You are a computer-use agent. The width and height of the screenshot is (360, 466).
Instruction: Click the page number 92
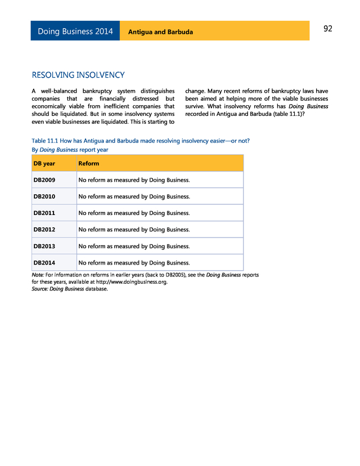[x=328, y=29]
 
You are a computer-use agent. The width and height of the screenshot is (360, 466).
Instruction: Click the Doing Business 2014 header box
[x=75, y=32]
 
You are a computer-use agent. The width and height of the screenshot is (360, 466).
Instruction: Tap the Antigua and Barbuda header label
[x=160, y=32]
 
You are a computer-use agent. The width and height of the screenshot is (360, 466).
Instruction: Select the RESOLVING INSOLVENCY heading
[x=78, y=75]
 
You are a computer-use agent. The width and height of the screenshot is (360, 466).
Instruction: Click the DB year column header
[x=44, y=163]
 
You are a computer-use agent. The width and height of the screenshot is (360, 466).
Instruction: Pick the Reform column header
[x=89, y=163]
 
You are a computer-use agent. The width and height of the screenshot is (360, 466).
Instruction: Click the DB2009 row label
[x=44, y=180]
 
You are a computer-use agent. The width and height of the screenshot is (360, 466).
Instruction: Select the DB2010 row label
[x=44, y=196]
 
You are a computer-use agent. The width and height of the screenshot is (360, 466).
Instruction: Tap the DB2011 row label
[x=44, y=213]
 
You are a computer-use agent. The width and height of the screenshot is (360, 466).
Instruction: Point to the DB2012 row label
[x=44, y=230]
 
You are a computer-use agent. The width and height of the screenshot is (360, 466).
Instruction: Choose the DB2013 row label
[x=44, y=246]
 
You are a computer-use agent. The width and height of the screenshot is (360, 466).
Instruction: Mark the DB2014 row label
[x=44, y=262]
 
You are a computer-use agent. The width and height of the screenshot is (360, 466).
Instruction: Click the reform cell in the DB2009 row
[x=134, y=180]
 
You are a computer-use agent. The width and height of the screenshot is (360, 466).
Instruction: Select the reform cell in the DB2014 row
[x=134, y=262]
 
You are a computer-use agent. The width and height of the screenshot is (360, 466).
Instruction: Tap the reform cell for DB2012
[x=134, y=230]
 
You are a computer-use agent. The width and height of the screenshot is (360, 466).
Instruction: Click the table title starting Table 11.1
[x=141, y=141]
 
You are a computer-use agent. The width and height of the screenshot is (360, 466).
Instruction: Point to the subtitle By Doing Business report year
[x=70, y=150]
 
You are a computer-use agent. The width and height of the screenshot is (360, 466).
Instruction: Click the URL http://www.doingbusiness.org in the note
[x=131, y=282]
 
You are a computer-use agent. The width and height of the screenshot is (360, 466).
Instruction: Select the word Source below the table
[x=39, y=289]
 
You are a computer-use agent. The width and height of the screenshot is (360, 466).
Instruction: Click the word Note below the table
[x=38, y=275]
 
